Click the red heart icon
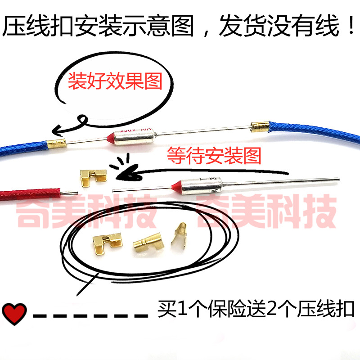pyautogui.click(x=15, y=310)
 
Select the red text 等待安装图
pyautogui.click(x=214, y=156)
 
